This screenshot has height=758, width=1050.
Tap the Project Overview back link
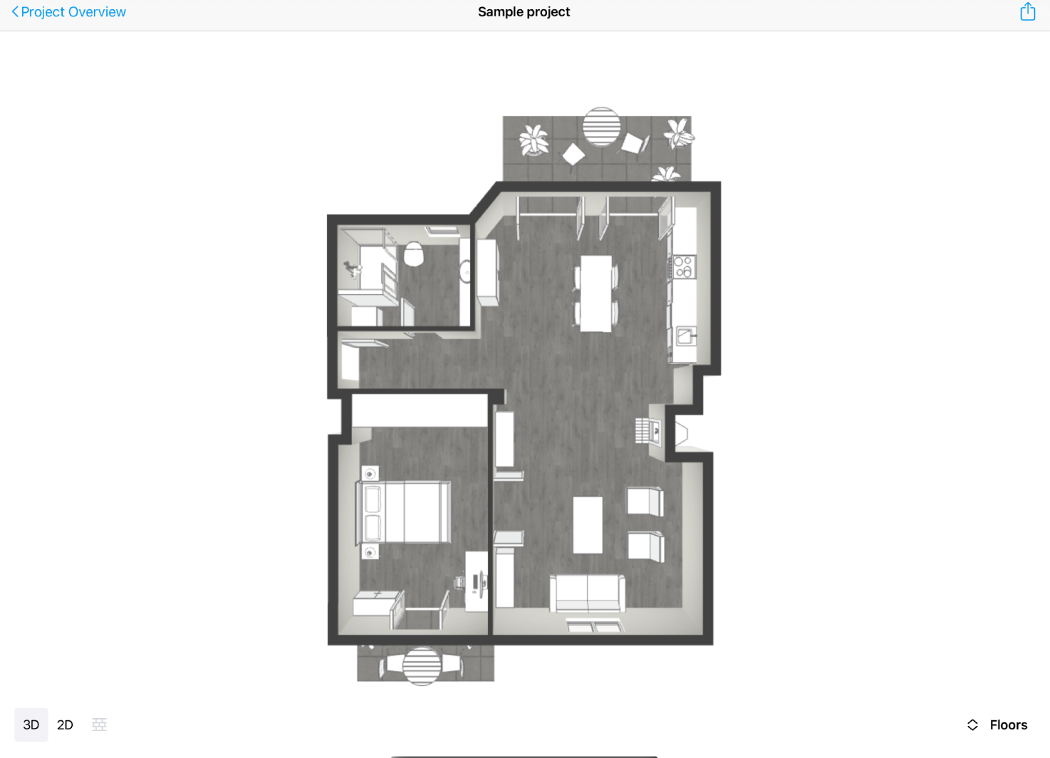[69, 12]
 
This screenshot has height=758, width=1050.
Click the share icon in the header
[1027, 12]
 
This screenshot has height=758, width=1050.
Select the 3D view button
[31, 725]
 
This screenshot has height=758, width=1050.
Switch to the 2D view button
[65, 725]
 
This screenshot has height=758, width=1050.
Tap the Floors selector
[997, 725]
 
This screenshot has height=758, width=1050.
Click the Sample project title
[524, 12]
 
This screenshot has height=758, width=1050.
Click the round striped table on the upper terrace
[601, 127]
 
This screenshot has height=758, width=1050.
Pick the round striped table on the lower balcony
[422, 665]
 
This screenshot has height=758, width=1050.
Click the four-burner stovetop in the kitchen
[683, 267]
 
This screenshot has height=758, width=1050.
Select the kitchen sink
[686, 336]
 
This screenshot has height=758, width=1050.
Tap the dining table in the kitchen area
[596, 293]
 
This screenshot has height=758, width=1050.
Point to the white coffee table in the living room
[588, 525]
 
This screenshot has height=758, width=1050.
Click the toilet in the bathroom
[414, 254]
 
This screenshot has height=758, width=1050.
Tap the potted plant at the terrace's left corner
[534, 139]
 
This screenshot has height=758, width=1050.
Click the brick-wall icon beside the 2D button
[99, 725]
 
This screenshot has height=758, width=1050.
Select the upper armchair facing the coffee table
[644, 501]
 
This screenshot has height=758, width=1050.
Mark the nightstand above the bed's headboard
[370, 473]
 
